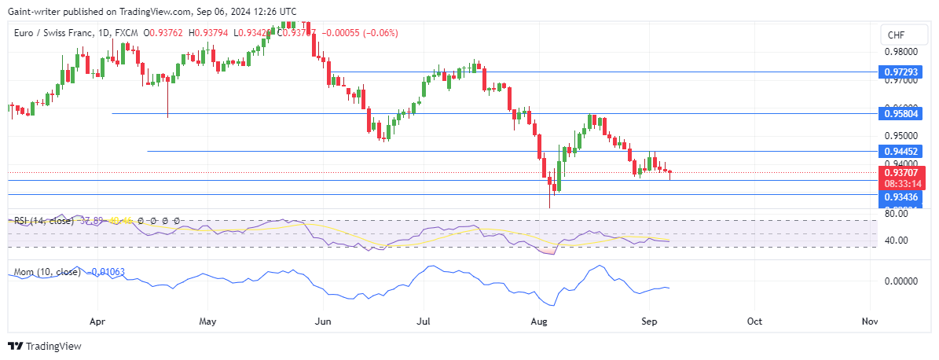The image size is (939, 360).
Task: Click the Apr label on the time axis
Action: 97,321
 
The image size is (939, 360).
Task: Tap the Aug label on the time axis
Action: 539,321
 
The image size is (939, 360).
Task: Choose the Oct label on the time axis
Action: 754,321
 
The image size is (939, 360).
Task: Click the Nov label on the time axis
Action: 868,321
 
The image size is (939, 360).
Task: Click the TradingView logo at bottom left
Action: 45,346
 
